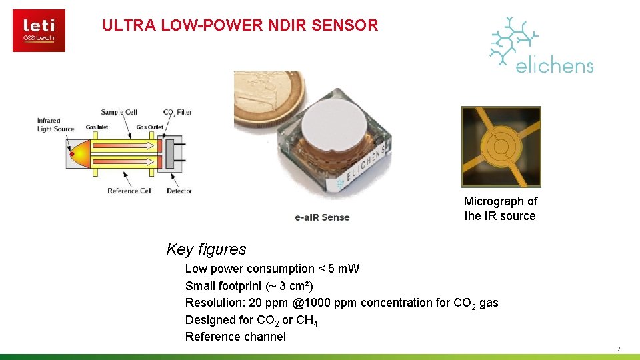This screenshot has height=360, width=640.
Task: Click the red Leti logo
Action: [39, 30]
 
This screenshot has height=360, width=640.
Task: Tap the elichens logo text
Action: [554, 65]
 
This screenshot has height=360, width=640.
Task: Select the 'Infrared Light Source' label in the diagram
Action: [55, 125]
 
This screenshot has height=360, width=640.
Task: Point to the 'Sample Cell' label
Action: [119, 112]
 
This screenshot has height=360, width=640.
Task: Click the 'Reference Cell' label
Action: [129, 191]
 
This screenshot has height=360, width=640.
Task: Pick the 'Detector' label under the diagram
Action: [179, 191]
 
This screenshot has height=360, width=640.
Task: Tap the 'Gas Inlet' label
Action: [97, 127]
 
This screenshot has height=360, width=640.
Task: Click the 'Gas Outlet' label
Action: [149, 127]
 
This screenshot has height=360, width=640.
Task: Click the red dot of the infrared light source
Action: [72, 155]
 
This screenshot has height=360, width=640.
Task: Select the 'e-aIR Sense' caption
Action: [322, 217]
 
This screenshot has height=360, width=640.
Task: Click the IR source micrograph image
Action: [501, 147]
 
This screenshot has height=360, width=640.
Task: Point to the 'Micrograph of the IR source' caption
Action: [500, 208]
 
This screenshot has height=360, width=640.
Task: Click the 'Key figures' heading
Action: [206, 249]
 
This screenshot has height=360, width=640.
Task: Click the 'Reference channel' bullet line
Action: [235, 337]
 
